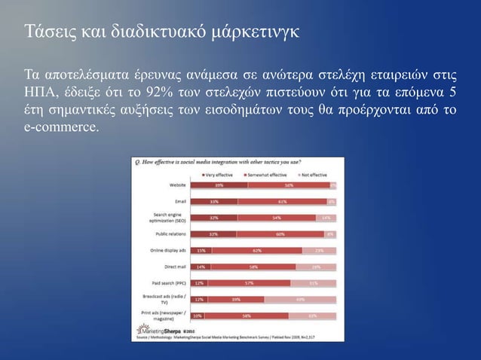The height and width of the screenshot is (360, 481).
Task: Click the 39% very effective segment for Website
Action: pyautogui.click(x=219, y=185)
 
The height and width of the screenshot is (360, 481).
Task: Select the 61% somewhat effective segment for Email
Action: pyautogui.click(x=282, y=201)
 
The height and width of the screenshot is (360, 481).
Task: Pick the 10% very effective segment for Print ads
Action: pyautogui.click(x=198, y=316)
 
